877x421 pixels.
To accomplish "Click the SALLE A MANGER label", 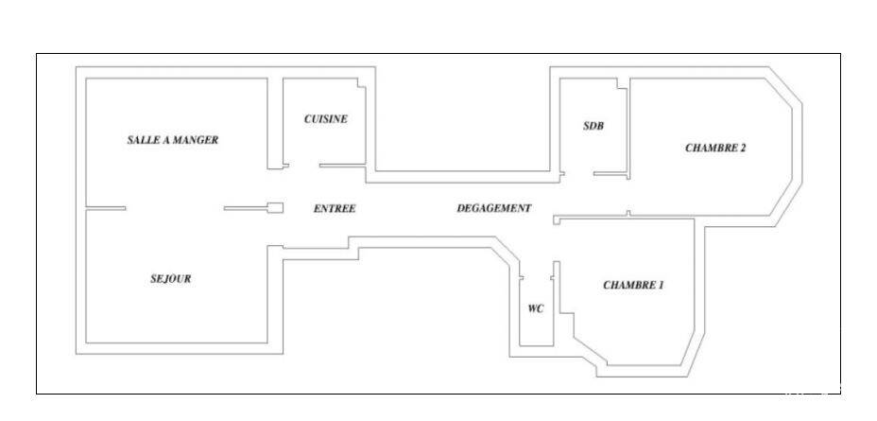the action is [172, 140].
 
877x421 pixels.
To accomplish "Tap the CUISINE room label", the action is [325, 118].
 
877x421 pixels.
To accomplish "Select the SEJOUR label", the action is [171, 278].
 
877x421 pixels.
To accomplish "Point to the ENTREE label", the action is [335, 208].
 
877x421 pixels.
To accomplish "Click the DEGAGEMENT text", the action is [494, 208].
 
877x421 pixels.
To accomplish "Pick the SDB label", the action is [593, 126].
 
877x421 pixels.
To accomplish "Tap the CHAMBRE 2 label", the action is [715, 149].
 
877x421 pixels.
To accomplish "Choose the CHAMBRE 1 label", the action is [633, 285].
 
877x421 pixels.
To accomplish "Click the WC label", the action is [535, 308].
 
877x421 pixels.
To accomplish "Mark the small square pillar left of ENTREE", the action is [275, 208].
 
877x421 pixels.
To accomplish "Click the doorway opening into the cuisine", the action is [303, 166].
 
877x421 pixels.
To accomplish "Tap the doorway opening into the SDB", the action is [579, 173].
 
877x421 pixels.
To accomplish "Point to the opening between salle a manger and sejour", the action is [175, 208].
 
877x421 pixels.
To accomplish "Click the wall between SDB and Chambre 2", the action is [628, 129].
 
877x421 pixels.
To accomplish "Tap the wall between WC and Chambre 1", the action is [557, 304].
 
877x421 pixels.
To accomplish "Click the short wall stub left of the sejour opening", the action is [105, 208].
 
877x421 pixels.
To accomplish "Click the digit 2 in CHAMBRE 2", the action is [743, 149].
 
